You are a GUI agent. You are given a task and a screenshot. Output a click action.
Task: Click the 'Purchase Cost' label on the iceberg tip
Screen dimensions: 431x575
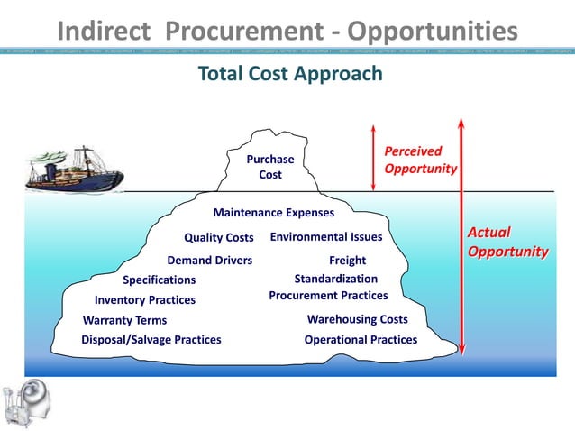pos(270,167)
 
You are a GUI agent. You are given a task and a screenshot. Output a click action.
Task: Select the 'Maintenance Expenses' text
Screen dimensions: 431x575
pos(273,214)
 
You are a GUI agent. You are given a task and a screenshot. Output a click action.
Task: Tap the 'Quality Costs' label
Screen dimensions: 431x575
pos(218,238)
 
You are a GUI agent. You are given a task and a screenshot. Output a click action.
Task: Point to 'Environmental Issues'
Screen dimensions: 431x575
pos(326,237)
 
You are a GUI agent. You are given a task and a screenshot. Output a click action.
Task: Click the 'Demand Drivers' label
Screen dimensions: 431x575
pos(209,261)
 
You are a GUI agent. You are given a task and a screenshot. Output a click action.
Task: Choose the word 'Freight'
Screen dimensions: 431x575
pos(347,261)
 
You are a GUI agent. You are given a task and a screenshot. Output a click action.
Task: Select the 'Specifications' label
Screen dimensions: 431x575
pos(159,280)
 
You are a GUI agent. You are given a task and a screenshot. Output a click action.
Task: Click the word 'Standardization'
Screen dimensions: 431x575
pos(335,280)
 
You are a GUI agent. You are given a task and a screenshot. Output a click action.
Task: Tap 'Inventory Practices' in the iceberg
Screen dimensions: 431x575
pos(144,300)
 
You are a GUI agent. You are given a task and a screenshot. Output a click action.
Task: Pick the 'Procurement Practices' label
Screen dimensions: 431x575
pos(328,296)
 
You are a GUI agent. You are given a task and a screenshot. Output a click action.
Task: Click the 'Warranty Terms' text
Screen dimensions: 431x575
pos(124,321)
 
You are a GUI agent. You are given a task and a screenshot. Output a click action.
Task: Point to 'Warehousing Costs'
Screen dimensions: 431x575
pos(357,319)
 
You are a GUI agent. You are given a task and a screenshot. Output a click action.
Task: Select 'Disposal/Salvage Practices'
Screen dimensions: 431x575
pos(151,340)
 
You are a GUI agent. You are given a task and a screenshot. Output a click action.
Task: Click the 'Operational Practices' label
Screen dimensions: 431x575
pos(361,340)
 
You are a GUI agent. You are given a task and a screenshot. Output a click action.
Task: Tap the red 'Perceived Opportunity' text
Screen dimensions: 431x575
pos(419,160)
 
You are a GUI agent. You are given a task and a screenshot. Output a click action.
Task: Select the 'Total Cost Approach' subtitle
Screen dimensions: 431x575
pos(290,74)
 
